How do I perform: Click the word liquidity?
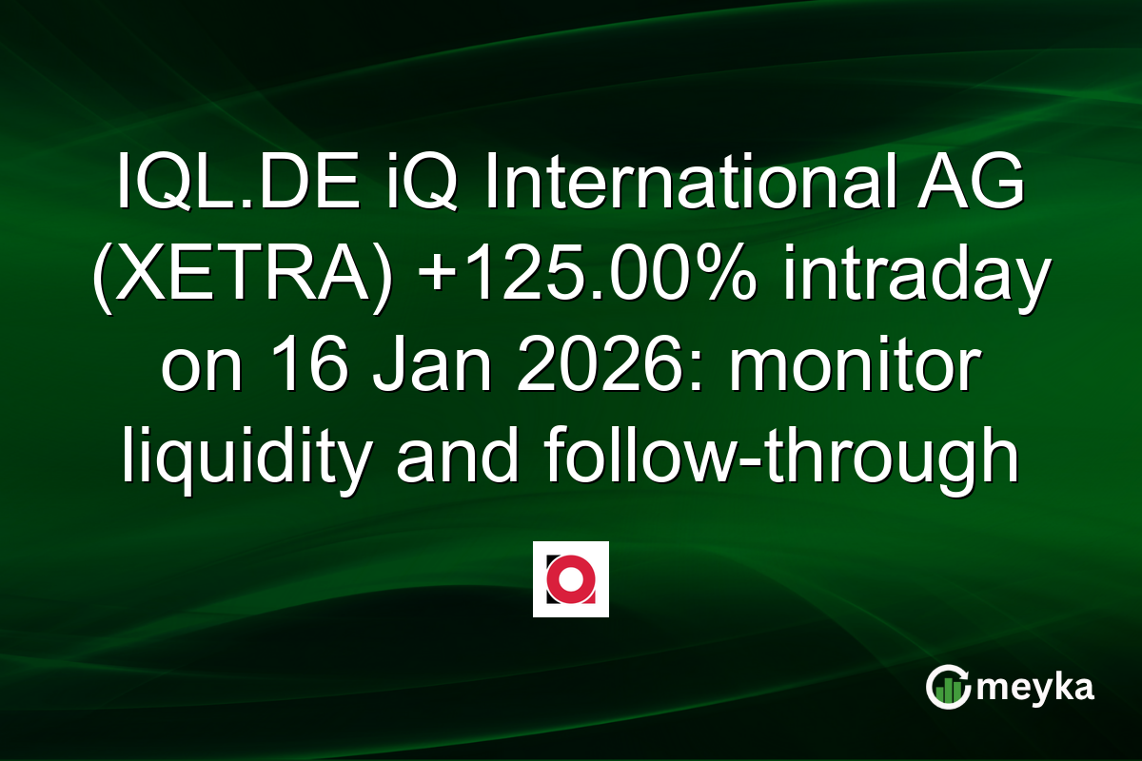coord(246,458)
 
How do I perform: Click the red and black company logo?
coord(570,579)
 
